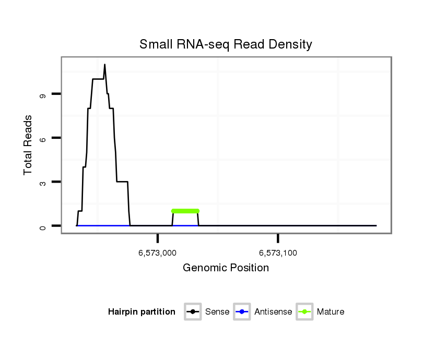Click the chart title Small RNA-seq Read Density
click(226, 45)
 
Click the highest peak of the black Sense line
click(104, 65)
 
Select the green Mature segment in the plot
click(185, 211)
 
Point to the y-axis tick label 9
click(42, 95)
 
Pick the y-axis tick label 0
click(42, 226)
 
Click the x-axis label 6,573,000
click(157, 253)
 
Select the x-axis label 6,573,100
click(278, 253)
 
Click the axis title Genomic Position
click(226, 268)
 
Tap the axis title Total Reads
click(28, 145)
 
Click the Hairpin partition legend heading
click(142, 312)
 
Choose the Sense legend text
click(217, 312)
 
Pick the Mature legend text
click(330, 312)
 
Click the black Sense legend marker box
click(193, 312)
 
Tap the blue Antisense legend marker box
click(242, 312)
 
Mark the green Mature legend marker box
click(304, 312)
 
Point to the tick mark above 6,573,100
click(278, 238)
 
